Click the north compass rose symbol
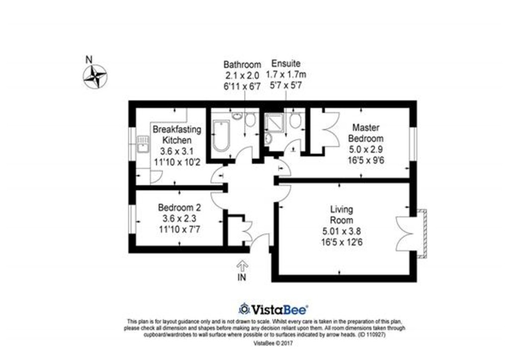tap(95, 77)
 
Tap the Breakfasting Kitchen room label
tap(176, 135)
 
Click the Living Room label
tap(341, 214)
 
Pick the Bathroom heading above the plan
tap(242, 65)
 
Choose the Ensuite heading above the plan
tap(285, 64)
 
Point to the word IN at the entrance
tap(242, 277)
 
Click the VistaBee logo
tap(273, 309)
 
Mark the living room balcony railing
tap(424, 233)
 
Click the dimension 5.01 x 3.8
tap(341, 231)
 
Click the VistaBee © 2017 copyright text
tap(266, 343)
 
